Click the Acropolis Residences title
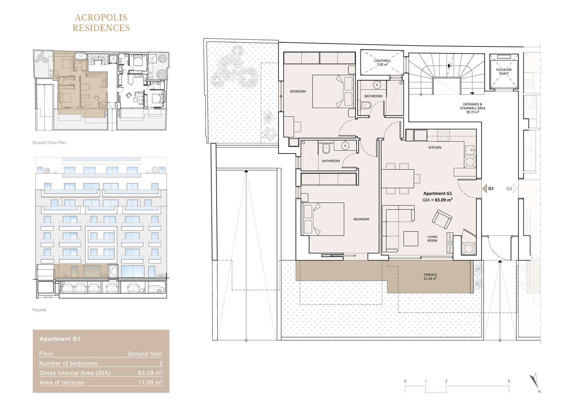pos(101,23)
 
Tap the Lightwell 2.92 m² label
pos(382,63)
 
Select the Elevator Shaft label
pos(504,71)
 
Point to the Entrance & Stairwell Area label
pos(473,108)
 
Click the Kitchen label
pos(435,148)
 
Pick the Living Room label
pos(432,239)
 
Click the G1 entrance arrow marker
pos(485,189)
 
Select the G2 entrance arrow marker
pos(515,189)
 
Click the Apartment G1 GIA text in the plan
pos(438,197)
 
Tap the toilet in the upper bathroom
pos(366,105)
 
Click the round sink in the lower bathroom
pos(345,146)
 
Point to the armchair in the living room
pos(442,219)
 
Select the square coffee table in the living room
pos(411,239)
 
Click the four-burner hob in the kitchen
pos(444,135)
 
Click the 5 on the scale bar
pos(509,381)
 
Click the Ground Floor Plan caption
pos(50,143)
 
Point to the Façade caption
pos(39,310)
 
